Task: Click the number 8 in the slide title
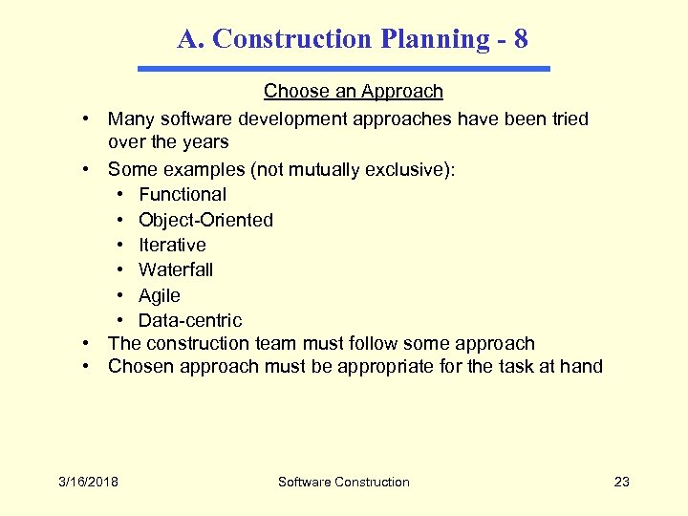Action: pos(520,39)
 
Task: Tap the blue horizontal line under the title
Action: pos(344,69)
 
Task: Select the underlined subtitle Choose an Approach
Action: pos(354,92)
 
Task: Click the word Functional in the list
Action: pos(183,195)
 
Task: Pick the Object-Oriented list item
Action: pos(205,220)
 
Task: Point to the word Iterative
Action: pos(172,245)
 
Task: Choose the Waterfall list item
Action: pos(176,269)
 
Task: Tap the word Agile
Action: pos(159,295)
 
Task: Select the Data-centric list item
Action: pos(190,320)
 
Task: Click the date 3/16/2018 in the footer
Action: pos(87,482)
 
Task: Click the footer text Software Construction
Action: pos(344,482)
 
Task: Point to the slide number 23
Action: pos(622,482)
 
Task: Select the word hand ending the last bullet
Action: pos(582,366)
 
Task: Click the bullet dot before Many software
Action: pos(86,119)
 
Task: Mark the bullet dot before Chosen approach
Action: pos(86,366)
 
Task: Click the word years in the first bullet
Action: pos(205,142)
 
